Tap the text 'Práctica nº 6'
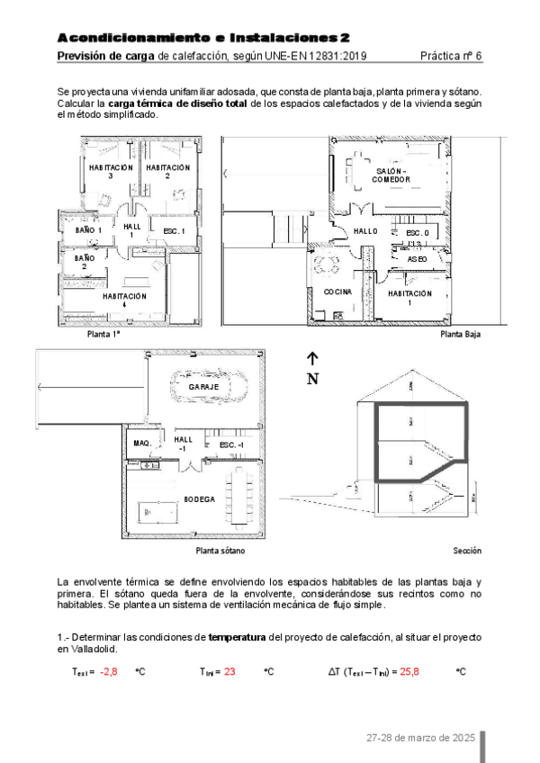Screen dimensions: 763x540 click(451, 56)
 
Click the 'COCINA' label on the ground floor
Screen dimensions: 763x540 click(337, 292)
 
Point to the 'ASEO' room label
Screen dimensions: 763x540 click(417, 259)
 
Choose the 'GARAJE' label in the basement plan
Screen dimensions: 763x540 click(203, 387)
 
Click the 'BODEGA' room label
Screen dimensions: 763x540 click(199, 498)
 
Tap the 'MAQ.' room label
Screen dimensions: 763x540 click(142, 444)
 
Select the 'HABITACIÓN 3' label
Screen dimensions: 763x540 click(111, 172)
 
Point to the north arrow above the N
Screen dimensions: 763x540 click(312, 358)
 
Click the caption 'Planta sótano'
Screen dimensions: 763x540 click(220, 550)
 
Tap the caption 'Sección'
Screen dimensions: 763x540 click(467, 550)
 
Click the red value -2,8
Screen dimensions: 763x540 click(109, 671)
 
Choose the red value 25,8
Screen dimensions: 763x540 click(409, 671)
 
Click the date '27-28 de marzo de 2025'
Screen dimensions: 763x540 click(420, 738)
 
